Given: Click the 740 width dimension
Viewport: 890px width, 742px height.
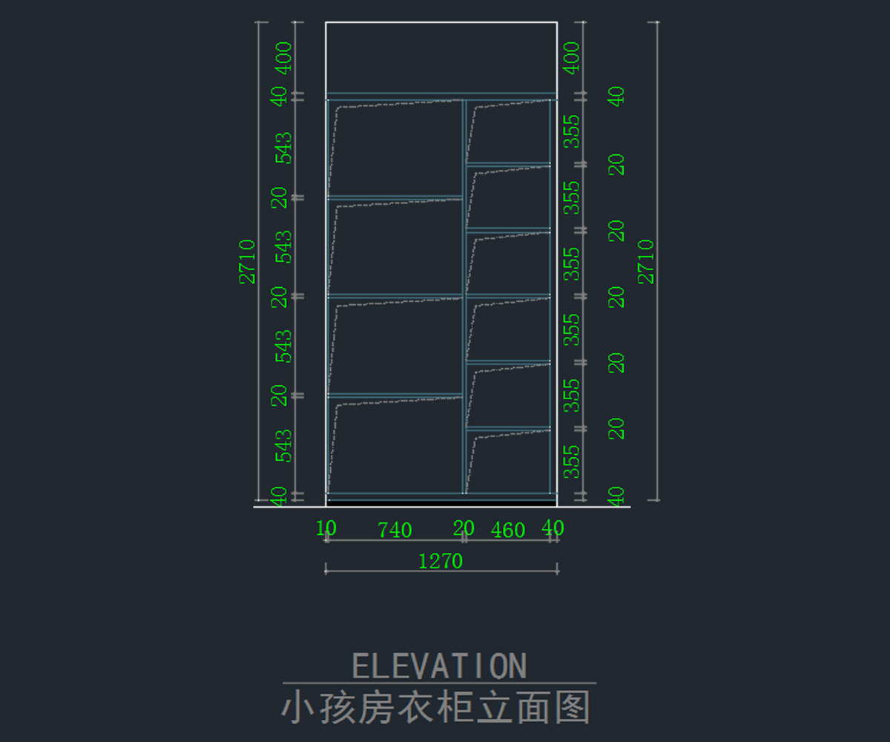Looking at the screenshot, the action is (x=395, y=531).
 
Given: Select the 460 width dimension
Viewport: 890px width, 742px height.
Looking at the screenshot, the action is (x=508, y=531).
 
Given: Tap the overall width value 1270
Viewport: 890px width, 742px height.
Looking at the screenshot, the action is (x=441, y=561).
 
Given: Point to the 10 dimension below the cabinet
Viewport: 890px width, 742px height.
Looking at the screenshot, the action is (x=326, y=528).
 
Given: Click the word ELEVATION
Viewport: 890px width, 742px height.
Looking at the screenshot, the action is (x=439, y=666).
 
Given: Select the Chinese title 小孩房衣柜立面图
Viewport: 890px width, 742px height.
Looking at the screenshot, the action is (x=436, y=708).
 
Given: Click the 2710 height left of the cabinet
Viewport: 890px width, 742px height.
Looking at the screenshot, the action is (x=247, y=261).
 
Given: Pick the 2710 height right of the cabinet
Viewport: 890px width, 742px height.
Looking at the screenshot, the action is (x=647, y=261).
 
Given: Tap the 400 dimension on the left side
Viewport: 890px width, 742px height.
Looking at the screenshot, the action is (x=283, y=58).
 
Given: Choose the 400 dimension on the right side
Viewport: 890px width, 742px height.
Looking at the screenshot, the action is (x=571, y=58).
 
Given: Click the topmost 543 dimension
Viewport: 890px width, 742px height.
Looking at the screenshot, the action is (x=283, y=148).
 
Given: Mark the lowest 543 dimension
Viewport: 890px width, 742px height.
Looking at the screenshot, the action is (x=283, y=445).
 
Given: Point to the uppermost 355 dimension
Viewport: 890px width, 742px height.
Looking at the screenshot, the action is (x=571, y=131).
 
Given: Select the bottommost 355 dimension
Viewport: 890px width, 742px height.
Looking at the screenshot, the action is (x=571, y=461).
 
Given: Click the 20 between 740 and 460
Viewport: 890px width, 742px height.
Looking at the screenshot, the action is (x=464, y=528).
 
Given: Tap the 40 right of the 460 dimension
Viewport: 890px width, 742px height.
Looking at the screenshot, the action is (x=553, y=528).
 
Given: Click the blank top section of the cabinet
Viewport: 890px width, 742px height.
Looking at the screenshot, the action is (x=441, y=58).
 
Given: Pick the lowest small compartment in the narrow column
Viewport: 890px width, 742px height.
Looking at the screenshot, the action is (x=509, y=462).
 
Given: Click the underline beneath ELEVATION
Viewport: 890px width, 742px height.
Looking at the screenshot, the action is (x=439, y=683).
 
